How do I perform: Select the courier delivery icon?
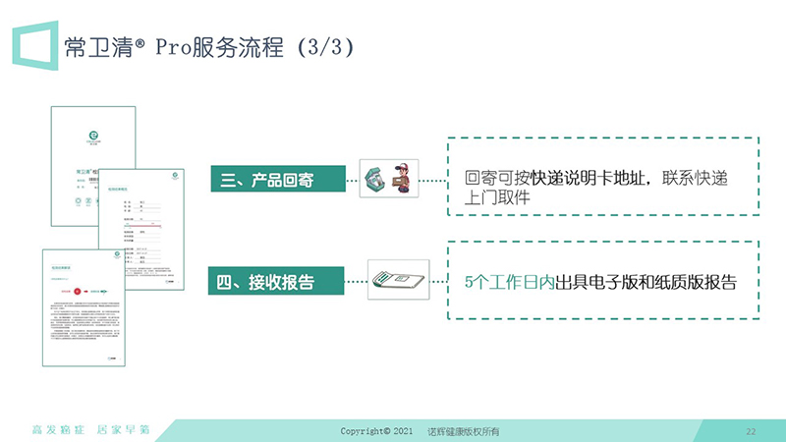(384, 180)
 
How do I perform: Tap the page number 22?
(751, 431)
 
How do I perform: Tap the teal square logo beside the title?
(34, 45)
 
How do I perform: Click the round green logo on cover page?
(94, 138)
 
